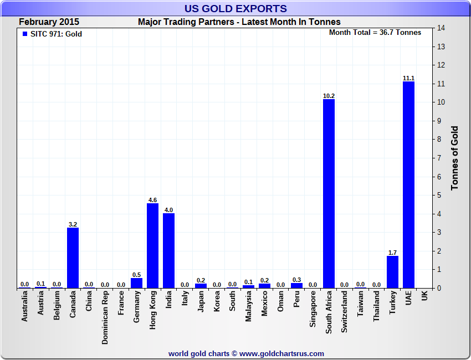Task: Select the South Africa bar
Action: click(x=329, y=193)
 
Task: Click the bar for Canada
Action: click(x=73, y=258)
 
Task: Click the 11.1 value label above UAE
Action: click(x=408, y=78)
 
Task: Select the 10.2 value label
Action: click(x=329, y=96)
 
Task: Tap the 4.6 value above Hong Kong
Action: click(x=152, y=200)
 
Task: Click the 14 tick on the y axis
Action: click(x=441, y=28)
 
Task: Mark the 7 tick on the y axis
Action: click(x=441, y=158)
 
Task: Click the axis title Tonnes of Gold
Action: click(x=454, y=158)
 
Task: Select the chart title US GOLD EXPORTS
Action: click(x=235, y=8)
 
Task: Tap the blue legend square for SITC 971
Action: click(x=24, y=34)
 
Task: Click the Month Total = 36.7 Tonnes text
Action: click(x=375, y=32)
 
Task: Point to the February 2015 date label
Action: click(x=49, y=22)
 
